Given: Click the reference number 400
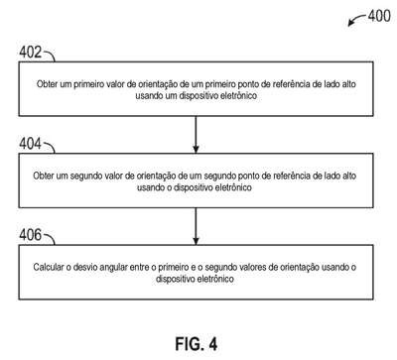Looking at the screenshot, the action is (379, 16).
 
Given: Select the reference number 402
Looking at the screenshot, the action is (31, 52).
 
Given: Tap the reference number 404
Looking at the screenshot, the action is (31, 144).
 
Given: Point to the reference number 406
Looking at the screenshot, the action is (31, 235).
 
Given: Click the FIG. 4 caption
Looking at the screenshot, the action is (197, 344).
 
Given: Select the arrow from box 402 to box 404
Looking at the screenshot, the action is (196, 135).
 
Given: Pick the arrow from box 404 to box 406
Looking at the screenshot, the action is (196, 226).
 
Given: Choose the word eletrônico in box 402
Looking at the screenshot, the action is (238, 96).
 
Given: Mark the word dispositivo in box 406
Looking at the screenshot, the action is (175, 280).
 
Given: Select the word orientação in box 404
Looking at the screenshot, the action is (157, 177).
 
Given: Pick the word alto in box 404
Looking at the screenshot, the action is (349, 176).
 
